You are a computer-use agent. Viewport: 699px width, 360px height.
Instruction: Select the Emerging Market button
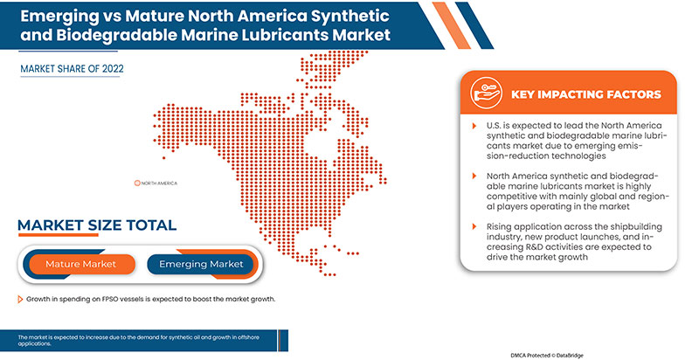point(202,264)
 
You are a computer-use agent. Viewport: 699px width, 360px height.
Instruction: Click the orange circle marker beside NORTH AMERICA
point(137,183)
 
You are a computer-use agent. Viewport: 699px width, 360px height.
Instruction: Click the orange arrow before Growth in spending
point(19,299)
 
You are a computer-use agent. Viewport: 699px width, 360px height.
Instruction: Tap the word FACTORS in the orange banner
point(632,94)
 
